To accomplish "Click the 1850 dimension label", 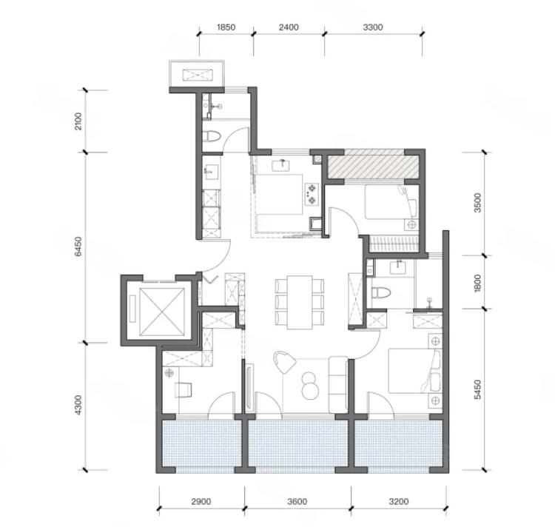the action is point(226,27).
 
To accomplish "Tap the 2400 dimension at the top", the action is point(289,27).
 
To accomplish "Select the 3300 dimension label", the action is point(373,27).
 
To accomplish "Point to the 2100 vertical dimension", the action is point(78,121).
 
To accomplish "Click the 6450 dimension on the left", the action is point(78,246).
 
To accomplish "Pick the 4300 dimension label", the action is point(78,406).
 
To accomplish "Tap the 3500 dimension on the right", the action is point(477,203).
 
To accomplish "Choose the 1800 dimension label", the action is point(477,283).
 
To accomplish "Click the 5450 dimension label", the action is point(477,389).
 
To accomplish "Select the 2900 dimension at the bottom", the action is point(201,502).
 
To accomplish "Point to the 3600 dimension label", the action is point(297,502).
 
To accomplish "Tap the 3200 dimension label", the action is point(399,502).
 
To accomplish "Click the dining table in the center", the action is point(300,302).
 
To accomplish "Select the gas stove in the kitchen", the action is point(312,194).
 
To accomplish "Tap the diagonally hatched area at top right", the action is point(373,167).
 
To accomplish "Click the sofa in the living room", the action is point(338,385).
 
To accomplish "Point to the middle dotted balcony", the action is point(298,444).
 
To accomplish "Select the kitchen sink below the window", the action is point(282,165).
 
